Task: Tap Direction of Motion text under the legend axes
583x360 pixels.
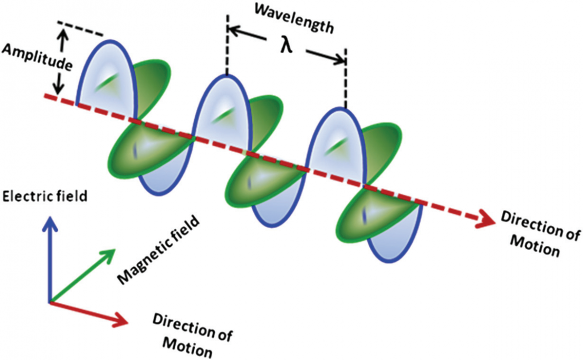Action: pos(192,335)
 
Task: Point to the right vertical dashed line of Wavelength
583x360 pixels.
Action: pos(345,78)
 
